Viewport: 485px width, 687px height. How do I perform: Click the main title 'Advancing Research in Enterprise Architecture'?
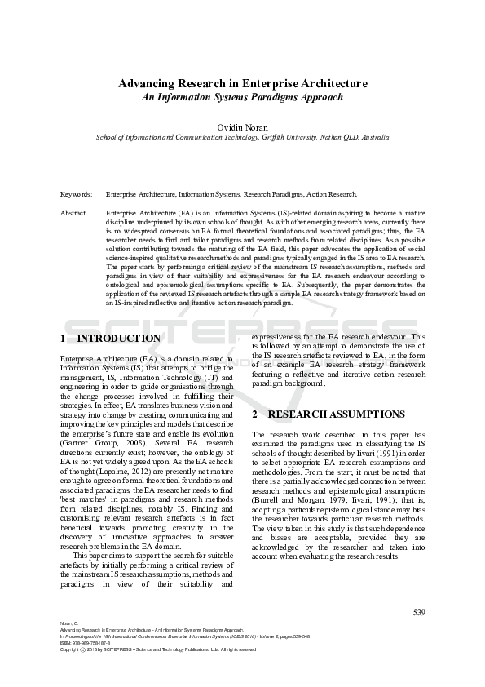(242, 83)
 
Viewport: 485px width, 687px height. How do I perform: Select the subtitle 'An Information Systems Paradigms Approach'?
(242, 97)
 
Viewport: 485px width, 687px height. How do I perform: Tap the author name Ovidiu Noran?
(242, 127)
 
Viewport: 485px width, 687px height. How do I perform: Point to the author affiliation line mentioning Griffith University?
(242, 138)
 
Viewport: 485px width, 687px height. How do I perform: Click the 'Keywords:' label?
(76, 195)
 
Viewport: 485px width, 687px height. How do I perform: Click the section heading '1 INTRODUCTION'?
(111, 338)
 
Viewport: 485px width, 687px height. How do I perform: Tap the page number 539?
(419, 613)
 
